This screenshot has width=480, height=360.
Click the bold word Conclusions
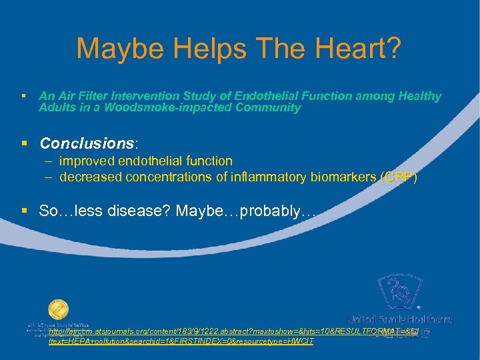[x=87, y=143]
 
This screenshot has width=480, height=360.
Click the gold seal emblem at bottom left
[x=58, y=311]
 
